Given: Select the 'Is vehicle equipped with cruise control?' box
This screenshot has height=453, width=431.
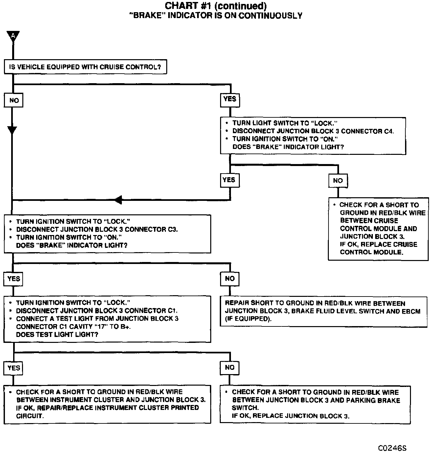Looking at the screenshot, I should pyautogui.click(x=85, y=67).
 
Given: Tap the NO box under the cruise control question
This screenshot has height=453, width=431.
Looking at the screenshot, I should pyautogui.click(x=13, y=100).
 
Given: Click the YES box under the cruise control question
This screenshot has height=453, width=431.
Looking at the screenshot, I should pyautogui.click(x=229, y=99).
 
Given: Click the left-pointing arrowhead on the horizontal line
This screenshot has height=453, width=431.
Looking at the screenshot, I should pyautogui.click(x=119, y=200).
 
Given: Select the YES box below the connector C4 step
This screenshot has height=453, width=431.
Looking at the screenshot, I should pyautogui.click(x=229, y=180).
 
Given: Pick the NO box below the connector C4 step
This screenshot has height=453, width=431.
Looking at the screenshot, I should pyautogui.click(x=338, y=180).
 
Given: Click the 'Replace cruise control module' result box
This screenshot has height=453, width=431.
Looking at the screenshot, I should pyautogui.click(x=378, y=229).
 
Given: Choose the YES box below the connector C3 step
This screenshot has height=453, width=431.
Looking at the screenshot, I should pyautogui.click(x=13, y=279).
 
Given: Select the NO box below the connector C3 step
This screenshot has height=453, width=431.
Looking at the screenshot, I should pyautogui.click(x=230, y=279).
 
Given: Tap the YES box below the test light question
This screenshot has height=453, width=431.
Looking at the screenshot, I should pyautogui.click(x=13, y=368).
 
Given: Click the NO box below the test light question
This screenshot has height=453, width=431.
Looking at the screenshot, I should pyautogui.click(x=230, y=368).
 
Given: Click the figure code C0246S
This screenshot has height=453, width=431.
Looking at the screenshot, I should pyautogui.click(x=392, y=448).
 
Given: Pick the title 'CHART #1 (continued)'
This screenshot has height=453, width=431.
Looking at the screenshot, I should pyautogui.click(x=215, y=6).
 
